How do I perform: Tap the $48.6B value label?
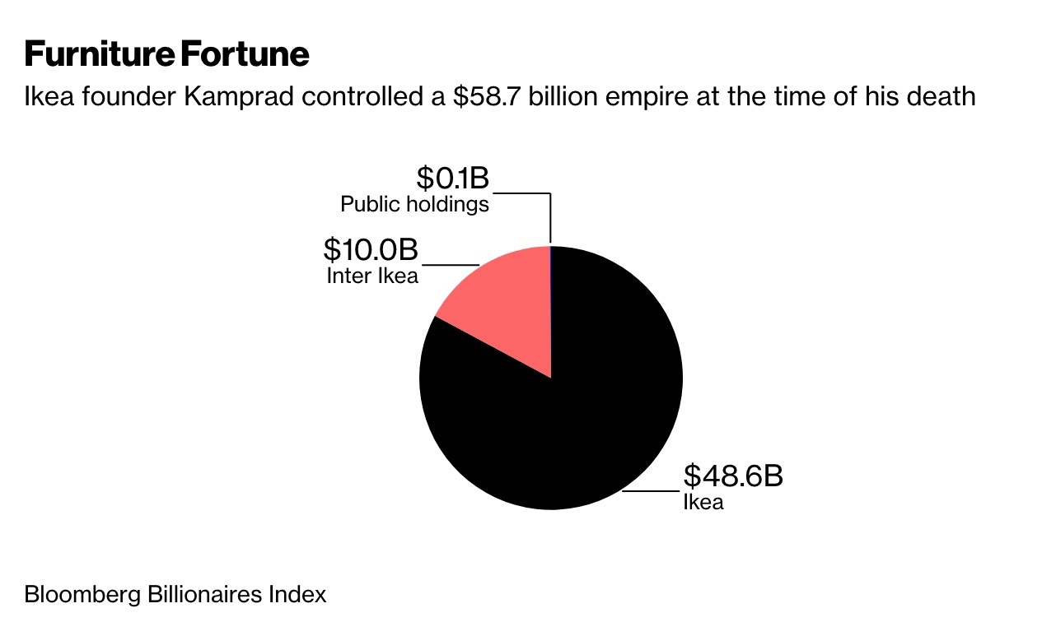732,476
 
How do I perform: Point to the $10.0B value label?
370,248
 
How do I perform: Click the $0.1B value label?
452,178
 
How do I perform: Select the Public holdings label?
414,204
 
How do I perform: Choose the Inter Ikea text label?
372,275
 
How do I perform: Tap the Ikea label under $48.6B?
703,502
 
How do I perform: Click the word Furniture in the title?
100,54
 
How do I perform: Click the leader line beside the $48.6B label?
651,492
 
